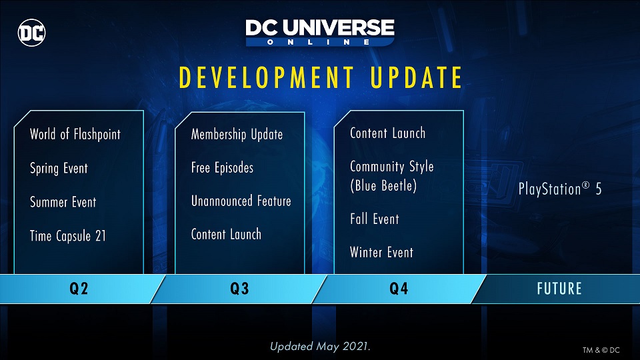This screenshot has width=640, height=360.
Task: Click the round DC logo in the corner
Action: (x=32, y=33)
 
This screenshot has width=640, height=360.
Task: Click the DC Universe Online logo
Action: (x=320, y=32)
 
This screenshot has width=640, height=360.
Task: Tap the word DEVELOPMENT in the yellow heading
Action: (x=267, y=77)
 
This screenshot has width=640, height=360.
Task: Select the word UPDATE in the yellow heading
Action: (x=416, y=77)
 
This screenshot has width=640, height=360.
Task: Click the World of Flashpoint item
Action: (x=75, y=134)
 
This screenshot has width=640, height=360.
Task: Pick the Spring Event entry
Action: (x=59, y=169)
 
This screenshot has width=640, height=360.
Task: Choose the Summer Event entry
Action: (x=63, y=202)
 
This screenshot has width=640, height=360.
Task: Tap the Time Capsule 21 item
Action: (x=68, y=236)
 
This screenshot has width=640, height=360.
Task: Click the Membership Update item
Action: (x=237, y=134)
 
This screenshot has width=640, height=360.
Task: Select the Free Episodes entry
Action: (x=222, y=168)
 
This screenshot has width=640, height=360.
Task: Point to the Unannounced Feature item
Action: (x=241, y=201)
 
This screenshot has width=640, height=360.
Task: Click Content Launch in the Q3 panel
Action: (x=226, y=234)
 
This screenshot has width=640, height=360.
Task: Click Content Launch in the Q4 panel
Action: (x=388, y=133)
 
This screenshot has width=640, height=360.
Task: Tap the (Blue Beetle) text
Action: (x=383, y=186)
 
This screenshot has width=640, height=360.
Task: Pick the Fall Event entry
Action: (x=374, y=219)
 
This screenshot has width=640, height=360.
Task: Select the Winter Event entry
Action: (x=381, y=252)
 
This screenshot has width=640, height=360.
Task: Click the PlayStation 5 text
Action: (x=560, y=189)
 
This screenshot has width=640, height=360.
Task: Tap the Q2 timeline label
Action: (x=79, y=289)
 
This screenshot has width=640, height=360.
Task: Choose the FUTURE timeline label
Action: (x=559, y=289)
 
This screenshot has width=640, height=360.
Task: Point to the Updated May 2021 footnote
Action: (x=320, y=347)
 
